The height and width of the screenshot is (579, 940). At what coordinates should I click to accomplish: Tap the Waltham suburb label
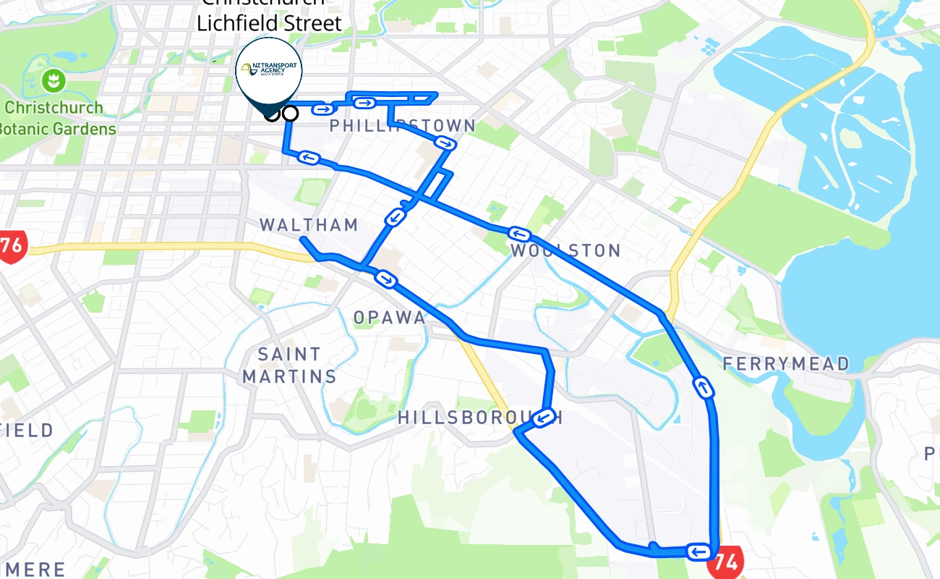(309, 225)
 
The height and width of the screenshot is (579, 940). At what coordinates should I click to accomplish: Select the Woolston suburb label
(565, 251)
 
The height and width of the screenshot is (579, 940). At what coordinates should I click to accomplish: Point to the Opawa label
(389, 317)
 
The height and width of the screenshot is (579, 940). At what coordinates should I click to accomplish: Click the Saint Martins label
(290, 365)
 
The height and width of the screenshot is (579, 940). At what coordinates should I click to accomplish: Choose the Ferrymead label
(786, 363)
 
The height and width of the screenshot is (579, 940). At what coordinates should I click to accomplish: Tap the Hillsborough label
(477, 418)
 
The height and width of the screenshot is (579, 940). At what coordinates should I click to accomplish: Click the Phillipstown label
(403, 126)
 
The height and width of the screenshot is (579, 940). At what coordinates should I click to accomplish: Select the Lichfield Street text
(269, 23)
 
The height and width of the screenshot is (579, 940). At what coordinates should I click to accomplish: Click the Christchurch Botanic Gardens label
(58, 118)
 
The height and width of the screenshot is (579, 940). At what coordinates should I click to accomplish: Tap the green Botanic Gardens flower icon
(52, 80)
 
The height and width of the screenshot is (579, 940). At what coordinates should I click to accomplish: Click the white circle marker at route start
(290, 113)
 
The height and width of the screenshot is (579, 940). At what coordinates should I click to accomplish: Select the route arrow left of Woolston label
(519, 234)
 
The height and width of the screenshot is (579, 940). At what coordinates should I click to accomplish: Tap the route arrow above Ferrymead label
(704, 387)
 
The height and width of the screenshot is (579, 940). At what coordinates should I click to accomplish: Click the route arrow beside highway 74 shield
(698, 553)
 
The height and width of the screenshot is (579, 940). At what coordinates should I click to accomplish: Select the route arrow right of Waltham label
(385, 279)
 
